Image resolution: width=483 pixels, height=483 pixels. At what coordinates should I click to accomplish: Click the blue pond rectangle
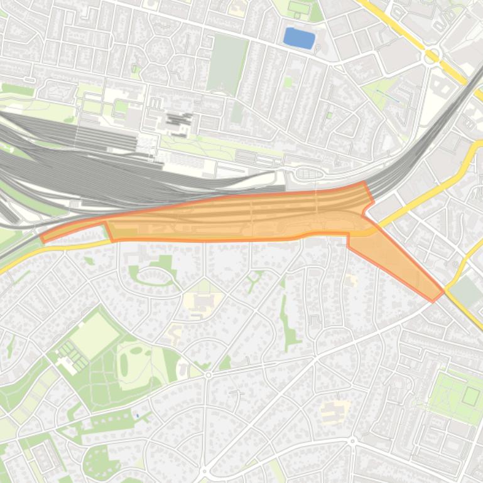[298, 38]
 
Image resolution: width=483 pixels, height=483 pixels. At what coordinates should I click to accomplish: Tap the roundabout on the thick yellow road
[431, 57]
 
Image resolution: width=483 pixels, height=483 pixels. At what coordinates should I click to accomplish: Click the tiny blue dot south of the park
[137, 415]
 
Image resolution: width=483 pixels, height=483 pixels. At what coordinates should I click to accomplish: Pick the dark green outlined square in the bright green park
[471, 395]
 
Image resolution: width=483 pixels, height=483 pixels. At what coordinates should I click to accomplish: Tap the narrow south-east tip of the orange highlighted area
[435, 297]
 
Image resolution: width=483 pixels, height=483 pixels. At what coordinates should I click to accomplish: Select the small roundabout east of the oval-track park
[209, 374]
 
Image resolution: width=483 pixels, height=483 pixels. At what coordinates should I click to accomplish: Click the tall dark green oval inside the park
[123, 362]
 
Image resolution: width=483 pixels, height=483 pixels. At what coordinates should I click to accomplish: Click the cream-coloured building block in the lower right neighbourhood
[334, 411]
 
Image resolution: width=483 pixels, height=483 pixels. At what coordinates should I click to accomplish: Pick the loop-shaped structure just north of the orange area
[308, 174]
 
